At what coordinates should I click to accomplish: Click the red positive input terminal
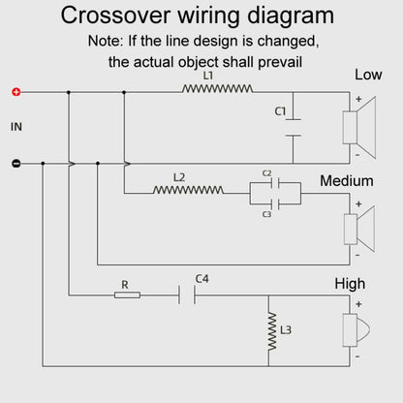click(x=16, y=92)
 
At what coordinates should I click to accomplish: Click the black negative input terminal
click(x=16, y=164)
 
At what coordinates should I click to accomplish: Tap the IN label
click(x=16, y=127)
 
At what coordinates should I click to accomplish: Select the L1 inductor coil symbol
click(x=217, y=89)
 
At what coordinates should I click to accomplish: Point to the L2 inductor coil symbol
click(x=188, y=190)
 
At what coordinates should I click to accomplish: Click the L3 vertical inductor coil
click(x=272, y=331)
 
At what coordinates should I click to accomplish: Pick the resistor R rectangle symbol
click(x=127, y=294)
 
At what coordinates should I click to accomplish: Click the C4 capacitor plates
click(x=187, y=294)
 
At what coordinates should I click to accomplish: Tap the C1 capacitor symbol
click(x=294, y=128)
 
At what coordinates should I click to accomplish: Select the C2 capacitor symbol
click(x=275, y=183)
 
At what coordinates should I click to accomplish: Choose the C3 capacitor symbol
click(x=275, y=204)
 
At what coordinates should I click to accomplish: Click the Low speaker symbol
click(x=359, y=128)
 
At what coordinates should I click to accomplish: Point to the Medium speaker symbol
click(x=359, y=229)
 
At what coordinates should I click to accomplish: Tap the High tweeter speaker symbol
click(x=356, y=330)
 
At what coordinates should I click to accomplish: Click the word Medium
click(x=347, y=181)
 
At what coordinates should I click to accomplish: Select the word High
click(x=350, y=284)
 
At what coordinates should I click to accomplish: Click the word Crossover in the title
click(x=115, y=15)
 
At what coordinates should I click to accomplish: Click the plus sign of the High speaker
click(x=358, y=304)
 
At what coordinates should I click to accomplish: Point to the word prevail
click(x=280, y=62)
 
